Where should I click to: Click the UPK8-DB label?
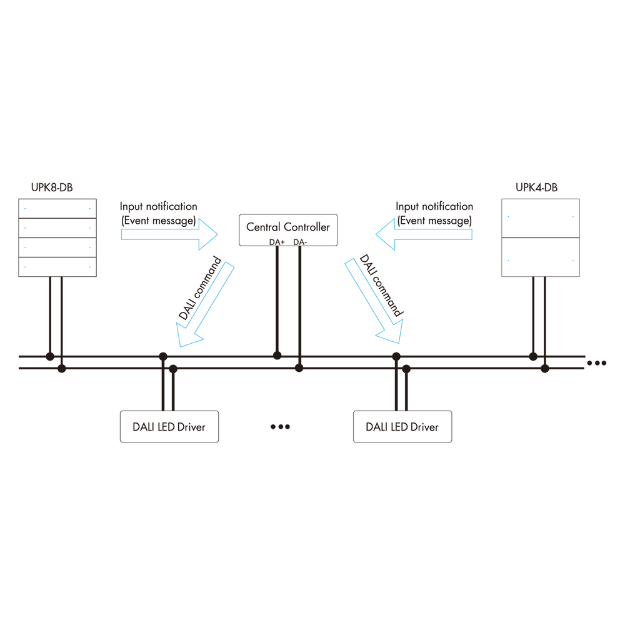52,187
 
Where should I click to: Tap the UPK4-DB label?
536,187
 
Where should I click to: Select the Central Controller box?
288,230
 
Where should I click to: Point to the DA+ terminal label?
277,242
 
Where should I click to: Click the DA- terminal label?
300,242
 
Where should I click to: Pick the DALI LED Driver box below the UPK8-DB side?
169,426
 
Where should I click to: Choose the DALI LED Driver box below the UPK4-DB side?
402,426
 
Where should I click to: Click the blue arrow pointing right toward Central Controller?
169,234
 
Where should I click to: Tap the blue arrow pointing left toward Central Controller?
424,234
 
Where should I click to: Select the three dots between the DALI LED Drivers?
280,426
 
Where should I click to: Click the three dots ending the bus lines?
597,362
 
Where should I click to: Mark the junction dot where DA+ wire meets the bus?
277,355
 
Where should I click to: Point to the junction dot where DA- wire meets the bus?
299,368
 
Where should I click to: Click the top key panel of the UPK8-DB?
57,209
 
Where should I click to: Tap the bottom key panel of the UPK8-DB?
57,267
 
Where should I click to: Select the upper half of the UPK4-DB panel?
541,218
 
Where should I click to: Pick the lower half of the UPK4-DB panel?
541,257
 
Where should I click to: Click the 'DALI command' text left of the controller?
200,288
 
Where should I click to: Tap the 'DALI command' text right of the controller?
381,286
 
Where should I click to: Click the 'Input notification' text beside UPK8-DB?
159,206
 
